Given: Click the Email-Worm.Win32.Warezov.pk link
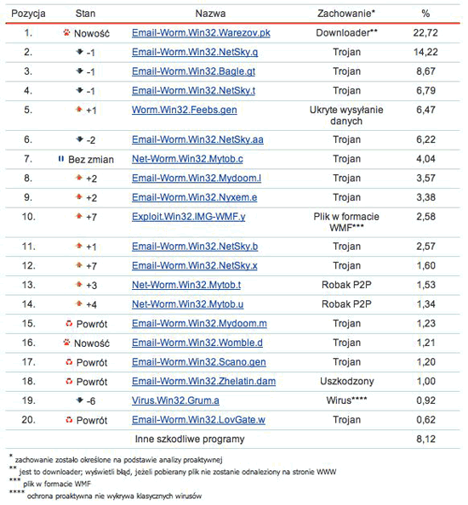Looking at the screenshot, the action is (201, 33).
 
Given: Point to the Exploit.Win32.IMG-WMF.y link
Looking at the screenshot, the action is (189, 217).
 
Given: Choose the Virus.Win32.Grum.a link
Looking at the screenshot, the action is (175, 400).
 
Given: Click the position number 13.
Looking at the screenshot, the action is (28, 285).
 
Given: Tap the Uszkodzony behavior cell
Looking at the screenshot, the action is (346, 381).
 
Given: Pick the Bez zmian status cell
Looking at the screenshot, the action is (85, 159).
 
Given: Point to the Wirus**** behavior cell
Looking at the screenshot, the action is (346, 400).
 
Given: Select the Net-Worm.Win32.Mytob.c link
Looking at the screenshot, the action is (187, 159).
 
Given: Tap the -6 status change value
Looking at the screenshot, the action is (90, 400).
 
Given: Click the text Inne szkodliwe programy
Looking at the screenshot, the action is (190, 440).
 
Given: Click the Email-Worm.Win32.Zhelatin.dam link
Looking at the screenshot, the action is (204, 381).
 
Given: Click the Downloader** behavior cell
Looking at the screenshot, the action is (346, 33).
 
